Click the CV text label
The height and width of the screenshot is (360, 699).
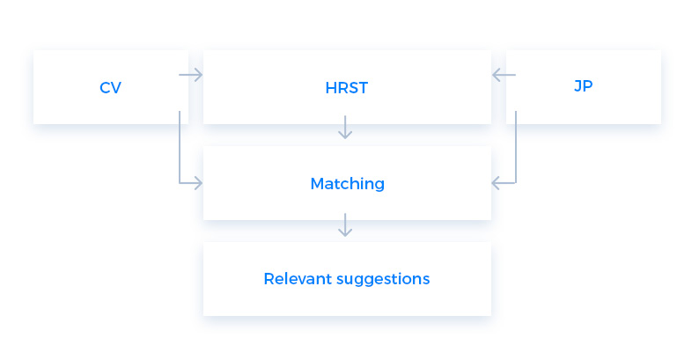[111, 87]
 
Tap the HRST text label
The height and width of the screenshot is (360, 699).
[347, 88]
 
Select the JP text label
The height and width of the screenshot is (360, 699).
[583, 85]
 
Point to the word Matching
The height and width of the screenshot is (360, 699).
[347, 184]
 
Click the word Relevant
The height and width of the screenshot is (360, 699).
[298, 279]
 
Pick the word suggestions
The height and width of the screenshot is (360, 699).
[383, 280]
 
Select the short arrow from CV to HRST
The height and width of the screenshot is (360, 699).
[191, 75]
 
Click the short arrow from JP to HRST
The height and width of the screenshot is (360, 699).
[504, 75]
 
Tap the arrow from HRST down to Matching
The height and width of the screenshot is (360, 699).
[345, 128]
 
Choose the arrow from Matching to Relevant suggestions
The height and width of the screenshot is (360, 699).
[345, 225]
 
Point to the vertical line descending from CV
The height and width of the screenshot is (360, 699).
[180, 147]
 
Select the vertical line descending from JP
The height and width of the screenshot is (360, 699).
[516, 147]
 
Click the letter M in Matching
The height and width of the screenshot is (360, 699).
[317, 184]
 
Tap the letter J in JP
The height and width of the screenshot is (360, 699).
[578, 85]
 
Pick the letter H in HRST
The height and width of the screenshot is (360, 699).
[331, 88]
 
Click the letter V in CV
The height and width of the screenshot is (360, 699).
[116, 88]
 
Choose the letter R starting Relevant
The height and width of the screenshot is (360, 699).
[269, 279]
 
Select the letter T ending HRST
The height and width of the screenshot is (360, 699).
[363, 88]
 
